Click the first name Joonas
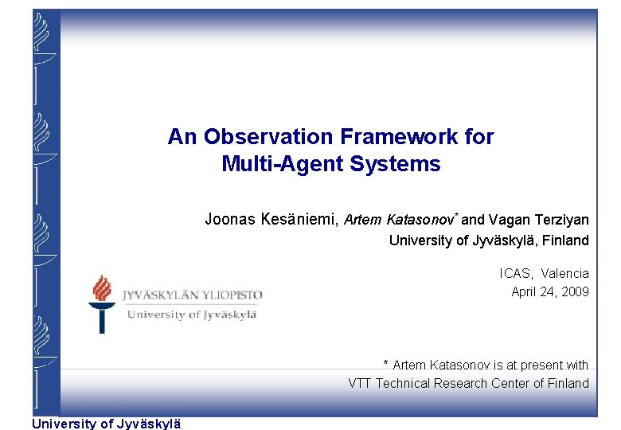[x=230, y=219]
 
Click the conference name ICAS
[x=515, y=273]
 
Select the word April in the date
[x=525, y=291]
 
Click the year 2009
[x=575, y=291]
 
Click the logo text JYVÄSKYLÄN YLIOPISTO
[x=192, y=295]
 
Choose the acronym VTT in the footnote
[x=360, y=383]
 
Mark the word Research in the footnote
[x=462, y=383]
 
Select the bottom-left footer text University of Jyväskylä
[x=106, y=424]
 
